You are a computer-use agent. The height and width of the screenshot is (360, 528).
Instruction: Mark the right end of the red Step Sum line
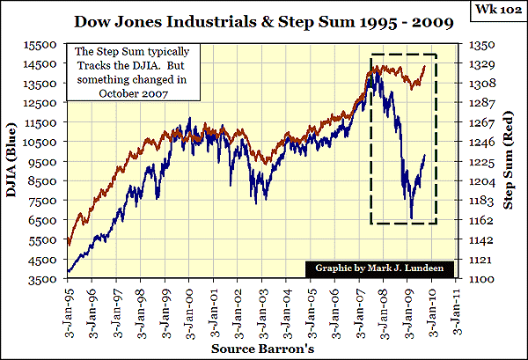[x=426, y=65]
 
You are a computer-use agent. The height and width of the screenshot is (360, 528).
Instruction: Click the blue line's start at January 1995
[x=68, y=271]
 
